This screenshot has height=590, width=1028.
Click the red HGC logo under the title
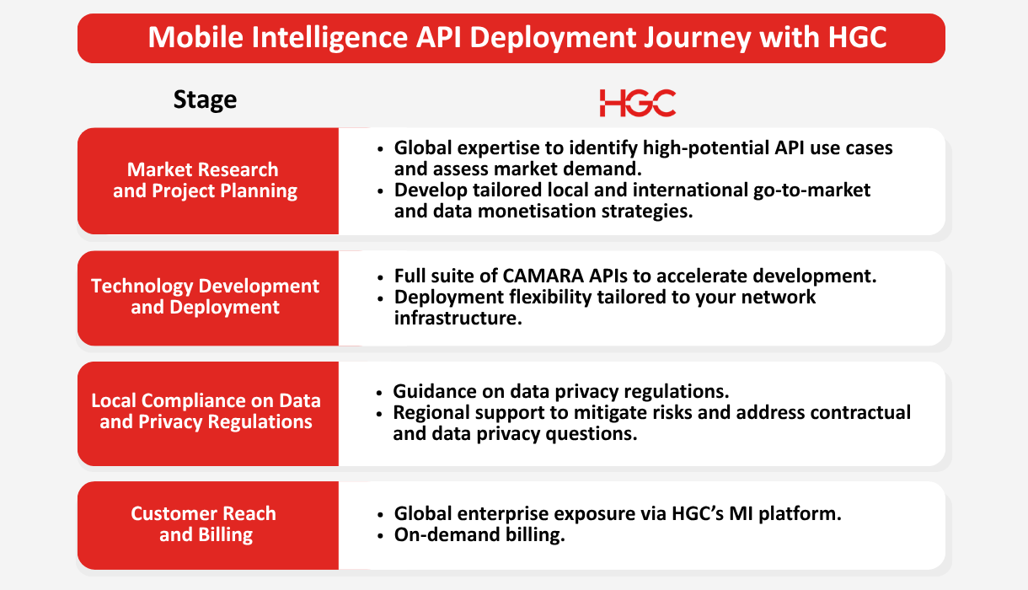coord(638,103)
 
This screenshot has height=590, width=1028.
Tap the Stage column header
coord(205,99)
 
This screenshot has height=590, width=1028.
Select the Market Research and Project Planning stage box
coord(208,181)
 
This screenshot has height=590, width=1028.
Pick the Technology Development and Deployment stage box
coord(208,298)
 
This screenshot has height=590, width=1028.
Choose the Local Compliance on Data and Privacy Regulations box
coord(208,414)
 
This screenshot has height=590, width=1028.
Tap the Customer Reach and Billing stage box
coord(208,525)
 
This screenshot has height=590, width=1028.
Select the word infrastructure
coord(458,318)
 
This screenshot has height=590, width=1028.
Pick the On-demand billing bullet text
coord(479,534)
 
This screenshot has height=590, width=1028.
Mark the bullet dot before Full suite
coord(380,277)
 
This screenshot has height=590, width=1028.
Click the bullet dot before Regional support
coord(379,414)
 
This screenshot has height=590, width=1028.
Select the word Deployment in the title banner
coord(553,37)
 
